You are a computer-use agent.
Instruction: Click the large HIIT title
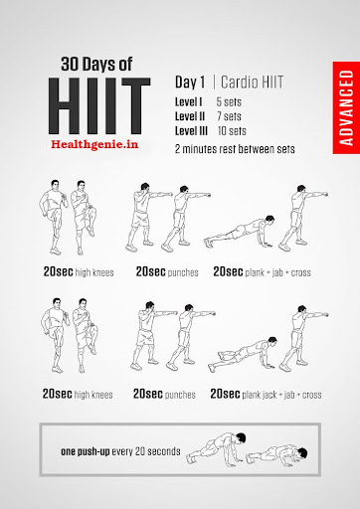click(99, 106)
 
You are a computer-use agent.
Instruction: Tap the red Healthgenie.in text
click(94, 144)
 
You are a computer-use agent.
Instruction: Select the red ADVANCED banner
click(346, 107)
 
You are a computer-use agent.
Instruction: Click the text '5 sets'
click(229, 102)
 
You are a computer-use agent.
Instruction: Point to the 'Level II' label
click(190, 116)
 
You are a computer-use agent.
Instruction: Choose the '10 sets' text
click(232, 131)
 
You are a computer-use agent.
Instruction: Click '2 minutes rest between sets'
click(235, 149)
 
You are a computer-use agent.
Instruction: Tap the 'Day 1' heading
click(190, 83)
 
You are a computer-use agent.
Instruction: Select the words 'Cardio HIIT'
click(252, 83)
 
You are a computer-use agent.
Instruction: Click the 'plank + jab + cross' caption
click(277, 272)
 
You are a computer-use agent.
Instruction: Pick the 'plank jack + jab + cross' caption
click(281, 395)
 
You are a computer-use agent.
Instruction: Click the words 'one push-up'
click(86, 451)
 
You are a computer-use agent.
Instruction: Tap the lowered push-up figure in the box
click(276, 455)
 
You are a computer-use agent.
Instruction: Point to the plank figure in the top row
click(240, 232)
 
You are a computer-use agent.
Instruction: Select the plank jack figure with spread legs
click(243, 354)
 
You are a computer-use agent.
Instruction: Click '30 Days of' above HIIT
click(96, 64)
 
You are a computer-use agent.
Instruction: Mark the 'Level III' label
click(191, 131)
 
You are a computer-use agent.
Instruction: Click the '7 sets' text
click(229, 116)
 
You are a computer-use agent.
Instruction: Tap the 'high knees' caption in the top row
click(94, 272)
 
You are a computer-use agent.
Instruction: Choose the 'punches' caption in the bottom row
click(180, 395)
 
